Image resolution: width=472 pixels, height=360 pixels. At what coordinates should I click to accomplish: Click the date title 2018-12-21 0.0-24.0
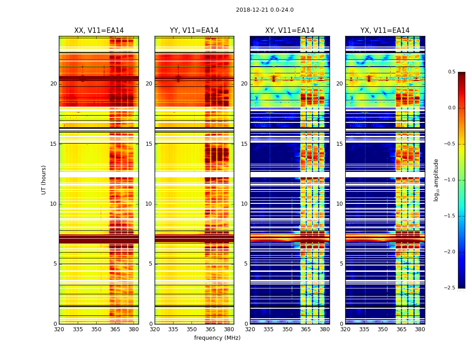click(265, 10)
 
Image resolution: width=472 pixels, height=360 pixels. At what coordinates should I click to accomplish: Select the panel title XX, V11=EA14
click(99, 31)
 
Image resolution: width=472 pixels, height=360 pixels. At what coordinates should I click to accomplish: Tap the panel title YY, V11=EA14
click(194, 31)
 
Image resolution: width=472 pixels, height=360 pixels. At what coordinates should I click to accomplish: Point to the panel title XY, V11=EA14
click(289, 31)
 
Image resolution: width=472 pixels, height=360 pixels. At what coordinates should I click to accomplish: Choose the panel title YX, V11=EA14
click(385, 31)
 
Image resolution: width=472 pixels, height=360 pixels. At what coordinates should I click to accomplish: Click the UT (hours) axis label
click(44, 180)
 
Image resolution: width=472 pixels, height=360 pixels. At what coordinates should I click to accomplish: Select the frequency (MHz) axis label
click(217, 338)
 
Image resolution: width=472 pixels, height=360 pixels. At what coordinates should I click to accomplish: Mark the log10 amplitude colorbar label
click(436, 180)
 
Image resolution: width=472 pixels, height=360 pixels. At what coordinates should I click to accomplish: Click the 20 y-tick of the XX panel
click(53, 84)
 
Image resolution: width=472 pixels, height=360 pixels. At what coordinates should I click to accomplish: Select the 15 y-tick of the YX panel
click(340, 144)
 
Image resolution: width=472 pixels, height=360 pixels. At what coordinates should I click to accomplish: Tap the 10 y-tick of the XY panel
click(245, 204)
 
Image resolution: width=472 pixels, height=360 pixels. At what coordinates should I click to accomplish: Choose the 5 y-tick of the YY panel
click(151, 264)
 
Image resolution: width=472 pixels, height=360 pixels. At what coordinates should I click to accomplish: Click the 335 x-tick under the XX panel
click(78, 329)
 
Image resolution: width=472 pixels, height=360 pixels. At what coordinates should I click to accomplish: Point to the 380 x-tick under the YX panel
click(420, 329)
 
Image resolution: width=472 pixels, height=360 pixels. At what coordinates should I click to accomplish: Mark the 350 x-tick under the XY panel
click(287, 329)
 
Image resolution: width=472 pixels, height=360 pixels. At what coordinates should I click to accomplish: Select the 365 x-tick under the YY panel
click(210, 329)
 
